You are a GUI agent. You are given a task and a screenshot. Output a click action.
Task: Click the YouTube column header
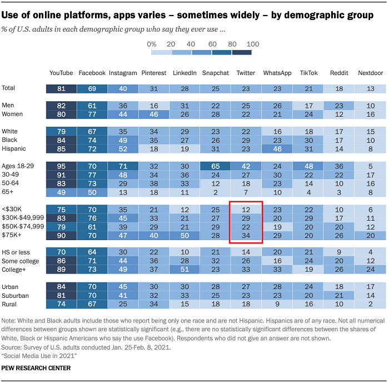pos(61,73)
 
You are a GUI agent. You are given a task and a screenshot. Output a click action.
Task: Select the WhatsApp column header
pos(277,73)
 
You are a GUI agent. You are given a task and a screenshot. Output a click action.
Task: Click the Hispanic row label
pos(15,149)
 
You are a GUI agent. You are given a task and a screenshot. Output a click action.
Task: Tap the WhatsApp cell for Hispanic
pos(277,149)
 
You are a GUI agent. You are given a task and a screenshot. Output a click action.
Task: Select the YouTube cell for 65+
pos(61,192)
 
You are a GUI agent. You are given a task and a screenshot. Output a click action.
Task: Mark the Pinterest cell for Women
pos(153,114)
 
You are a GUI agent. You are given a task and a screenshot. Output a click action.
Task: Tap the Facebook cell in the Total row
pos(92,88)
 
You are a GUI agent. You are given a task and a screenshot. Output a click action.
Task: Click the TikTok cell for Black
pos(308,141)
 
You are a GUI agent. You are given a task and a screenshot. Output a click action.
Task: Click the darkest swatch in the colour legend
pos(242,52)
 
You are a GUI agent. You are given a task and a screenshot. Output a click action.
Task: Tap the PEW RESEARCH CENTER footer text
pos(35,368)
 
